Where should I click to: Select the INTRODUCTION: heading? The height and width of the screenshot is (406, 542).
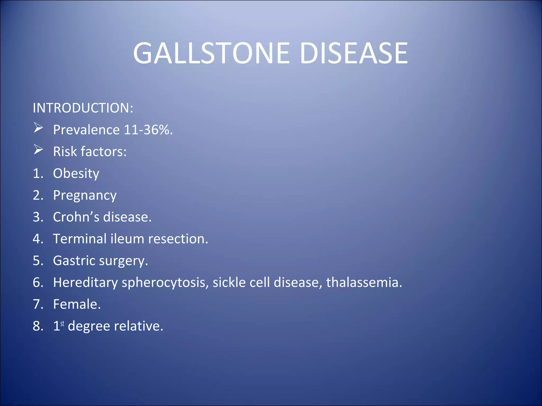point(83,108)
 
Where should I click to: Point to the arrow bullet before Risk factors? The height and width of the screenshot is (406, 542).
point(38,150)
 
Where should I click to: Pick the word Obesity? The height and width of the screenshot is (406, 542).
point(76,174)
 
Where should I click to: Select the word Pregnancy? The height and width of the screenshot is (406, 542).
point(85,196)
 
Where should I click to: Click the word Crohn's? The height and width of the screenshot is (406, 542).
point(76,217)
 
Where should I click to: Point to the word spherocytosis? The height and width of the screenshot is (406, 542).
point(165,283)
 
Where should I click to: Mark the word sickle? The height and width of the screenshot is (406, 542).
point(229,282)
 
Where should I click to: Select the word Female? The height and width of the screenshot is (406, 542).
point(77,304)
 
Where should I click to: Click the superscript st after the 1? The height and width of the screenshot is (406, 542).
point(62,324)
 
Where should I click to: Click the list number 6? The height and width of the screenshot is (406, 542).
point(37,282)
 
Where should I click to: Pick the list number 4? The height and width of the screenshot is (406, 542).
point(37,239)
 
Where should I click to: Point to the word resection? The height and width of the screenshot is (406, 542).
point(178,239)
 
